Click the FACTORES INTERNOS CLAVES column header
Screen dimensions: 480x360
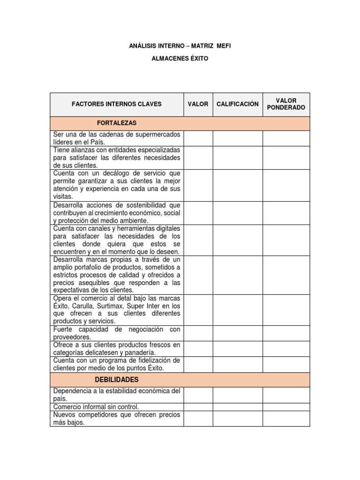[116, 104]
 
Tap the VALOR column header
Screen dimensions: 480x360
[198, 104]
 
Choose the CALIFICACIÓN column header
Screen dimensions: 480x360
[237, 104]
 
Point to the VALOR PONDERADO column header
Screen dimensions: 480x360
[286, 104]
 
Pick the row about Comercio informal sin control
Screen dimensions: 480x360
[96, 407]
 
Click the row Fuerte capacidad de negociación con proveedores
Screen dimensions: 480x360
[116, 333]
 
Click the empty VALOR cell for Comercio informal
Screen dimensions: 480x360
[198, 407]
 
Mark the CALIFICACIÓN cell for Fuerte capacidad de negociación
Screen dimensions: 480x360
[237, 333]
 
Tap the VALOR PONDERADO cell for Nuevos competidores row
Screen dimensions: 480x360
[286, 419]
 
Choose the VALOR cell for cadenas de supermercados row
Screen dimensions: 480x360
[198, 138]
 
